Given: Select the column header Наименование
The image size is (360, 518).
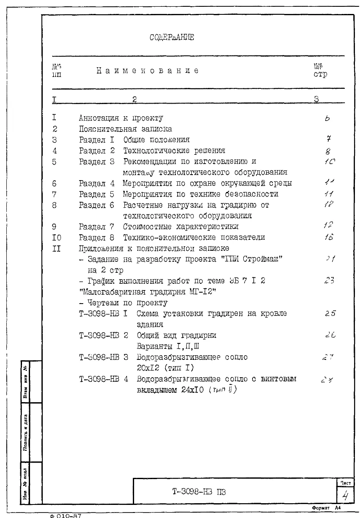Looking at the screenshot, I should tap(148, 71).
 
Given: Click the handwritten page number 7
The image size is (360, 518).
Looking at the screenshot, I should tap(328, 139).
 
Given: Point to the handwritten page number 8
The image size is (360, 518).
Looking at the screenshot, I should tap(328, 151).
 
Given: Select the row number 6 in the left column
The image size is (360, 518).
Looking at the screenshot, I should tap(55, 184).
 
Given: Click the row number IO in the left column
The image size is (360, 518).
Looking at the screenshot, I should tap(56, 238).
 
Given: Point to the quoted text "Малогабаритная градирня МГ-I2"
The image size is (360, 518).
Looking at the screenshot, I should tap(148, 292).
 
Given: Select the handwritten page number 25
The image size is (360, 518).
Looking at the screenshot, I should tap(330, 314).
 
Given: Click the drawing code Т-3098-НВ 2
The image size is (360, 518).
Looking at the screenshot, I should tap(103, 335).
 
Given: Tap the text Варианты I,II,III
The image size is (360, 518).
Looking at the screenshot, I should tap(165, 346).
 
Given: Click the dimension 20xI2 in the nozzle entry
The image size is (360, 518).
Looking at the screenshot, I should tap(148, 368).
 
